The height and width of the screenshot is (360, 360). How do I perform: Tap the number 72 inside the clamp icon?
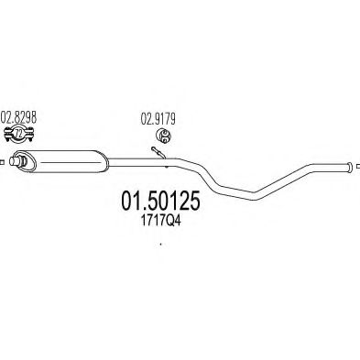click(19, 137)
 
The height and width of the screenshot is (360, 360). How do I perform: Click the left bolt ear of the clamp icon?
click(8, 137)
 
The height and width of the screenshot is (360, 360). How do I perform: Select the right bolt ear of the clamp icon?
click(31, 137)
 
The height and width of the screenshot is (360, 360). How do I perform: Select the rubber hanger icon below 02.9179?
click(162, 135)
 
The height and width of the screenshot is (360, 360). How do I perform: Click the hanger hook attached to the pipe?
click(158, 153)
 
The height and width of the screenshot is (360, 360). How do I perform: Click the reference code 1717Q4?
click(159, 220)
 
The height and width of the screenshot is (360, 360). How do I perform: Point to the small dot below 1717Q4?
click(159, 244)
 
